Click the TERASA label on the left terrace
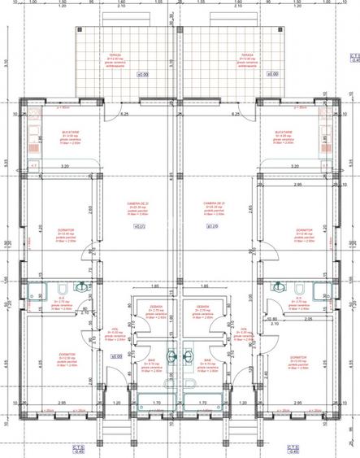(x=114, y=55)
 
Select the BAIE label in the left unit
(x=151, y=359)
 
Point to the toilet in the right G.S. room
(x=298, y=288)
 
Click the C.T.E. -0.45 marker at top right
(x=353, y=57)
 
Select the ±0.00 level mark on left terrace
(x=142, y=75)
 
